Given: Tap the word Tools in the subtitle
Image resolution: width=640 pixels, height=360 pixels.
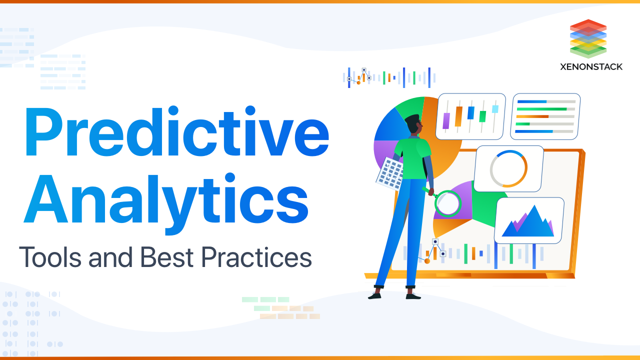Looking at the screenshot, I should pos(50,257).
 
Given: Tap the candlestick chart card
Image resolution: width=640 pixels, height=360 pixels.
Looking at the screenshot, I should pos(470,116).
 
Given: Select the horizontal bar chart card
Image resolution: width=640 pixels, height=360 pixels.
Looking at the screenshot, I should pos(545,116).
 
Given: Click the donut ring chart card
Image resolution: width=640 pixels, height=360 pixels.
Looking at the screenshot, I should pos(508,168).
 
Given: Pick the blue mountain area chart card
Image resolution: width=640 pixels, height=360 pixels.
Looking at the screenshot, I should pos(529,220).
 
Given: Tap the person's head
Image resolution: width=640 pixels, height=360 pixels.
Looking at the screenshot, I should pos(413,124).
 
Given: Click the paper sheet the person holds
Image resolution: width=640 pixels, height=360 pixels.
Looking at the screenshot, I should pos(389,172).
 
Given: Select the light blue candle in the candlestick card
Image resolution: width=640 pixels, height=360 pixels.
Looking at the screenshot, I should pos(495,109).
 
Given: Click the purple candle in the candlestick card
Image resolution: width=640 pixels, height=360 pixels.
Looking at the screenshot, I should pos(446,120).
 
